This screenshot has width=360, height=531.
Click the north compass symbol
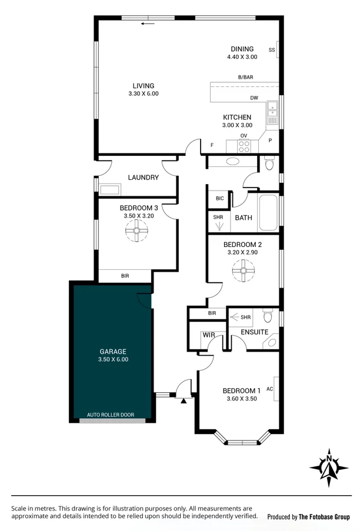[x=329, y=468]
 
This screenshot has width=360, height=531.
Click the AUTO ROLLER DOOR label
[x=110, y=415]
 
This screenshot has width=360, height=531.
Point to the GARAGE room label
[x=112, y=352]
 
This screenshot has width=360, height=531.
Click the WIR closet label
[x=208, y=335]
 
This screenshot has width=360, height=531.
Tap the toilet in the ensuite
[x=268, y=318]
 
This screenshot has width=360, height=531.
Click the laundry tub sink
[x=110, y=189]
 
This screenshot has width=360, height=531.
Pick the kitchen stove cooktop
[x=244, y=146]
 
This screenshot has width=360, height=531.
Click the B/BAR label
[x=245, y=78]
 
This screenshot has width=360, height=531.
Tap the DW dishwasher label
[x=254, y=98]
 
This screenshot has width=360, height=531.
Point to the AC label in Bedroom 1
[x=270, y=389]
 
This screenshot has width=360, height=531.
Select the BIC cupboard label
[x=219, y=199]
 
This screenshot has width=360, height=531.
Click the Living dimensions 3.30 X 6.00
[x=143, y=93]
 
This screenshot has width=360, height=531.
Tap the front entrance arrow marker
[x=184, y=401]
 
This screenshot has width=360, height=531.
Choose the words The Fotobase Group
[x=325, y=517]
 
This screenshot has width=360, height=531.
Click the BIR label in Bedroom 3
[x=125, y=276]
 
